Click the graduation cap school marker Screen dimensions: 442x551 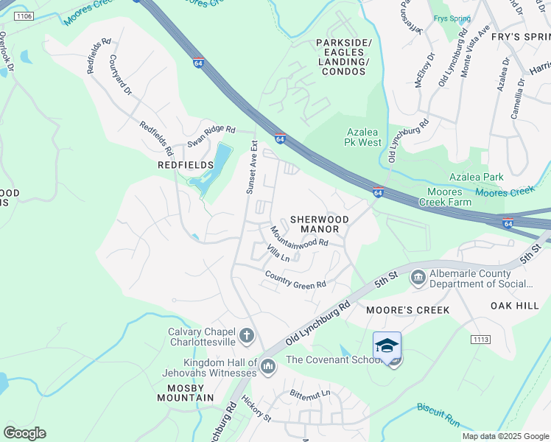[387, 345]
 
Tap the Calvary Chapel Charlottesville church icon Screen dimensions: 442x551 [247, 337]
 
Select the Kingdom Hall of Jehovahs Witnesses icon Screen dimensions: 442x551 [267, 365]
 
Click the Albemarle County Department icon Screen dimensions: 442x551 [418, 278]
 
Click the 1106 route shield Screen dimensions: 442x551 [24, 15]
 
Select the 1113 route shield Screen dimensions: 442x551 [480, 339]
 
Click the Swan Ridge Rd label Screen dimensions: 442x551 [211, 133]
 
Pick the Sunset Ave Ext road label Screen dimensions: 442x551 [250, 167]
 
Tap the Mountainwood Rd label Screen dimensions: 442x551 [298, 236]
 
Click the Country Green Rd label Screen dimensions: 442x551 [295, 280]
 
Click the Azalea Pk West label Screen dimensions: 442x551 [364, 137]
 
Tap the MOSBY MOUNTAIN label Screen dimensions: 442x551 [185, 393]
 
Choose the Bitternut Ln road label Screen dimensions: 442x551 [310, 393]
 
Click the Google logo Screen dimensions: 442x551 [24, 433]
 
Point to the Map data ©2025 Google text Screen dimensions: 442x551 [505, 436]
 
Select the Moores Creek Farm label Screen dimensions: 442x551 [445, 197]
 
